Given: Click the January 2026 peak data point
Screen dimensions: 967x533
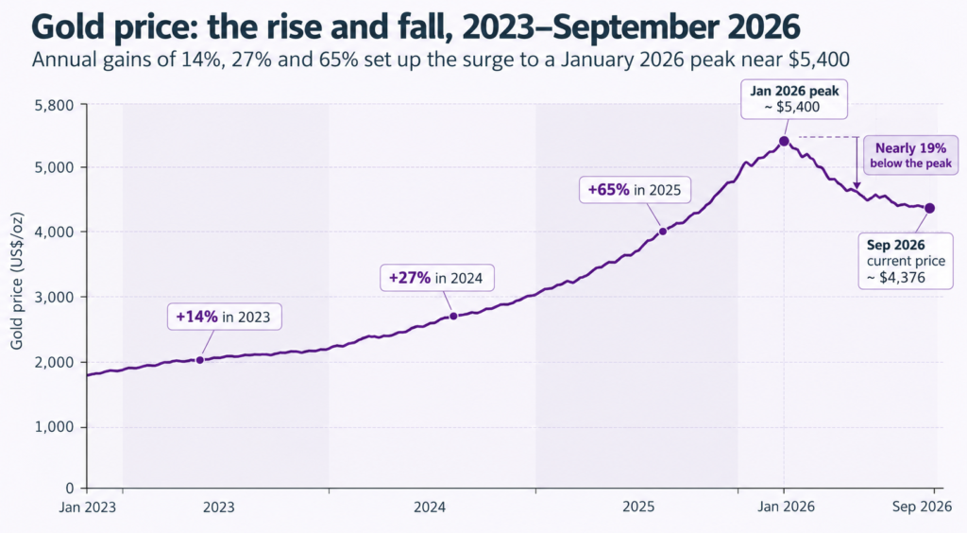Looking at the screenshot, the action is pyautogui.click(x=784, y=141).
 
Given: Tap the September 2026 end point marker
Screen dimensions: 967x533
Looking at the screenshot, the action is pyautogui.click(x=929, y=209).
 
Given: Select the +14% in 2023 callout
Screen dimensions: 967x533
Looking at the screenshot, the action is pyautogui.click(x=225, y=318).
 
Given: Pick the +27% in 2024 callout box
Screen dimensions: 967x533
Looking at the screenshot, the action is pyautogui.click(x=436, y=278).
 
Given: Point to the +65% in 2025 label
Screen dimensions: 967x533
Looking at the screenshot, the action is pyautogui.click(x=635, y=189).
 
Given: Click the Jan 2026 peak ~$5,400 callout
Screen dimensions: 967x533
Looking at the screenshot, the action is pyautogui.click(x=794, y=98).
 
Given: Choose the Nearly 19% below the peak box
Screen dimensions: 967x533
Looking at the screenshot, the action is pyautogui.click(x=910, y=155).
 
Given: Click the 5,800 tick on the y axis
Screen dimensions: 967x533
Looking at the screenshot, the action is pyautogui.click(x=54, y=105).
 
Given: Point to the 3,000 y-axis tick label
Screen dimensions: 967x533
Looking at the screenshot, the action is pyautogui.click(x=54, y=297).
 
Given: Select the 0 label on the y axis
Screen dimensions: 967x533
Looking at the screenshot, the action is pyautogui.click(x=70, y=488).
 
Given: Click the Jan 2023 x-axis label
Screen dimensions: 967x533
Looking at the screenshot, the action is pyautogui.click(x=87, y=507).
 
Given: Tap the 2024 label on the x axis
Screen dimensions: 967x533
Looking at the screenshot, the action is pyautogui.click(x=430, y=507).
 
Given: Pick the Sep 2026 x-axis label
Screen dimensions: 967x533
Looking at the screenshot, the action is pyautogui.click(x=922, y=507).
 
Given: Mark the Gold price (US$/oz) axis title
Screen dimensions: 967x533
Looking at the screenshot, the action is pyautogui.click(x=17, y=281).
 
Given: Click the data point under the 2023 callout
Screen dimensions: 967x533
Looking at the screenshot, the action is pyautogui.click(x=200, y=360).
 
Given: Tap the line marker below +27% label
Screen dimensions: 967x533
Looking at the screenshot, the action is pyautogui.click(x=453, y=316).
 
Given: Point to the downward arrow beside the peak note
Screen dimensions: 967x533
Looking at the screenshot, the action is pyautogui.click(x=857, y=163).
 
